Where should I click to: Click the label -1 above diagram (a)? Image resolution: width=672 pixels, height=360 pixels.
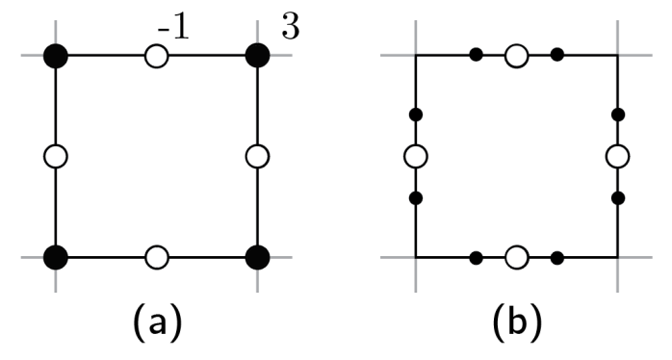(x=173, y=29)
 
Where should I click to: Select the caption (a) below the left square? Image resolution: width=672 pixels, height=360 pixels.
(x=156, y=321)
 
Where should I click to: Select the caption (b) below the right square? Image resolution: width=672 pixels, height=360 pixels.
(x=516, y=321)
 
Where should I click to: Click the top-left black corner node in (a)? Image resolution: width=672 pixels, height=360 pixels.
(x=56, y=56)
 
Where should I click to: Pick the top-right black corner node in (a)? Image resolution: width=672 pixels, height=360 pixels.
(x=256, y=56)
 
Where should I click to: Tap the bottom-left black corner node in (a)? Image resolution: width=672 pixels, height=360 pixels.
(x=56, y=257)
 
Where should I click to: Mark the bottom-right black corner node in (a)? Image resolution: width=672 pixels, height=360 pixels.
(x=256, y=257)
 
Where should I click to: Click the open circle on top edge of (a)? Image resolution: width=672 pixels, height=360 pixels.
(x=156, y=56)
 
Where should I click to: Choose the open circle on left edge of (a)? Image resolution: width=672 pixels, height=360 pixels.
(x=56, y=156)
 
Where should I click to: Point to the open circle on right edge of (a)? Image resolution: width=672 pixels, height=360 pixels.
(x=256, y=156)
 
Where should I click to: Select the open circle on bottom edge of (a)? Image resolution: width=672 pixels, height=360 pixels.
(x=156, y=257)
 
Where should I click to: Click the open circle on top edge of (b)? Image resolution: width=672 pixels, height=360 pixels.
(x=517, y=56)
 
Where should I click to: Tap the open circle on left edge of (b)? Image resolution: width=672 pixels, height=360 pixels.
(x=416, y=156)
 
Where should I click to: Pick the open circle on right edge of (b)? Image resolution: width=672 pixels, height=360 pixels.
(x=617, y=156)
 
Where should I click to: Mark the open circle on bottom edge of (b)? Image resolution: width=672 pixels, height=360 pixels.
(x=517, y=257)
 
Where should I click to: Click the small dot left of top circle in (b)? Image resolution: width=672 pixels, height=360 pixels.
(x=476, y=56)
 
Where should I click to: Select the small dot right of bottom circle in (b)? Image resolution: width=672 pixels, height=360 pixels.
(x=557, y=257)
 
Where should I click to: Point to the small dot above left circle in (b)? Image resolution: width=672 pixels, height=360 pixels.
(x=416, y=116)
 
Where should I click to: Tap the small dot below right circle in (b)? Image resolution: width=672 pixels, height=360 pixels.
(x=617, y=197)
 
